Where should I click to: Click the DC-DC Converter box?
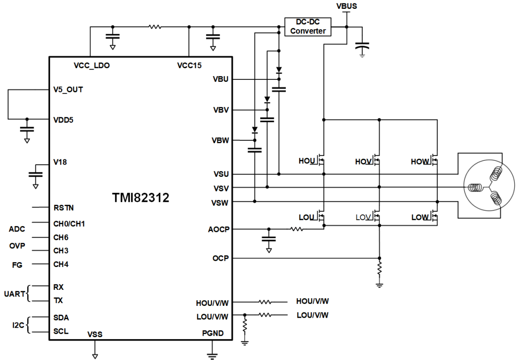pos(307,26)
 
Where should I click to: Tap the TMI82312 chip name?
pos(141,197)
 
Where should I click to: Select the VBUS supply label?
pos(346,6)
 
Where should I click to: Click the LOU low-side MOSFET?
pos(321,216)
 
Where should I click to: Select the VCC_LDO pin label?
pos(92,65)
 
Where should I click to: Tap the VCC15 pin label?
pos(189,65)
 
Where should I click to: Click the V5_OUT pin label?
pos(68,90)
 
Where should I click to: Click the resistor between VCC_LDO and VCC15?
pos(155,27)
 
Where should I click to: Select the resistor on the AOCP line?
pos(296,229)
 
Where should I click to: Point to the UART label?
pos(15,294)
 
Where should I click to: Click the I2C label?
pos(17,324)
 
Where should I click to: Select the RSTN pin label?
pos(63,208)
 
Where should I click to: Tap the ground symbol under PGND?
pos(212,353)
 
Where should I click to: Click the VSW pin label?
pos(220,202)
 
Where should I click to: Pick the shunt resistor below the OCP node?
pos(379,268)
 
